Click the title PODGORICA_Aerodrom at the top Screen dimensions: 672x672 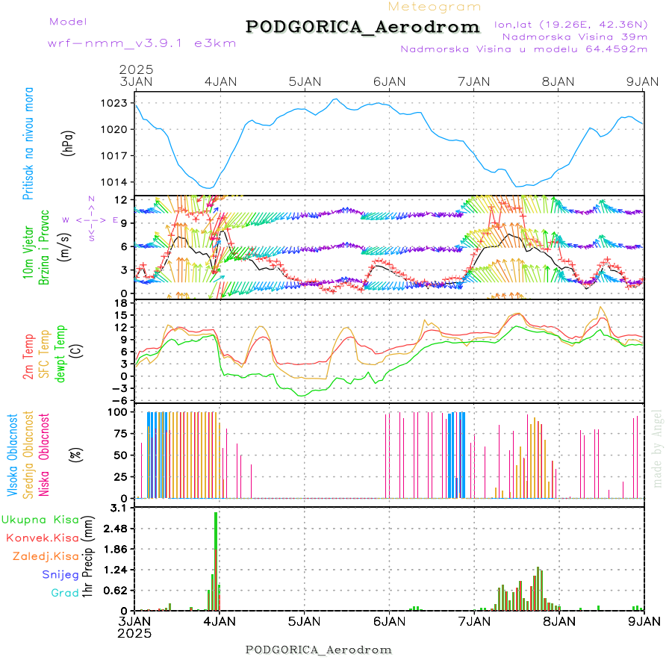362,27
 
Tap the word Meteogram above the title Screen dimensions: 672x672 435,7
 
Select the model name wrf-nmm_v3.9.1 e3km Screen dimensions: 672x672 142,43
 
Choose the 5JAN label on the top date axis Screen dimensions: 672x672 304,81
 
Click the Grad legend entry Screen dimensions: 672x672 64,593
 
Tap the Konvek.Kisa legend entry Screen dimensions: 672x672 42,538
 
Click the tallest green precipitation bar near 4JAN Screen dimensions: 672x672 217,560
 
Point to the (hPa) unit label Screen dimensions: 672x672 68,142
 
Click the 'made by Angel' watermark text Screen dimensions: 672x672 657,448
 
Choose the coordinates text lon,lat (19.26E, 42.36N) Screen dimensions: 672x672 570,24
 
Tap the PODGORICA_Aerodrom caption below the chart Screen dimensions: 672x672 319,650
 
